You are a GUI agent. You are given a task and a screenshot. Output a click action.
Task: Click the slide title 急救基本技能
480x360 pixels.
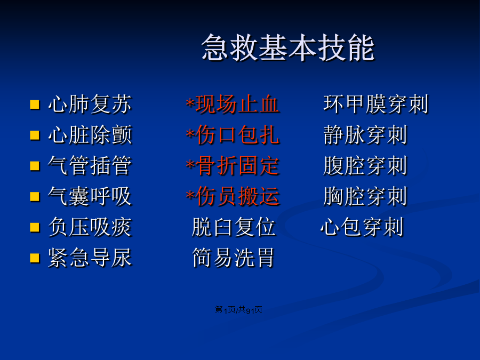point(288,47)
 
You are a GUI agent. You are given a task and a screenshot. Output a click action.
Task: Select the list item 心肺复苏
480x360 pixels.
point(90,104)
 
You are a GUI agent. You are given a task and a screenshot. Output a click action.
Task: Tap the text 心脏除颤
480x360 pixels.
point(90,135)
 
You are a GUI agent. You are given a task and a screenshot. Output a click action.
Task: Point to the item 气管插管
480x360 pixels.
point(90,165)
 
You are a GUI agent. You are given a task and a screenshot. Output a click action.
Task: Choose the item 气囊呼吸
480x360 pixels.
point(90,196)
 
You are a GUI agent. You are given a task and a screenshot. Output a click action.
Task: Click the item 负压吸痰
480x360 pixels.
point(90,227)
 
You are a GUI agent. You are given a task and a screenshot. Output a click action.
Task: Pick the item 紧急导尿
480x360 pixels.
point(90,258)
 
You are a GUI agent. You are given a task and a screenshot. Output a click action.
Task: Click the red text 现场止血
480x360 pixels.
point(237,104)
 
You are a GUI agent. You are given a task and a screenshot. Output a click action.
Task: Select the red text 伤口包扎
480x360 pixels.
point(237,135)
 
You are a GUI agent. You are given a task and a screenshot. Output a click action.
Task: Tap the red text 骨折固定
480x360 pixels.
point(237,165)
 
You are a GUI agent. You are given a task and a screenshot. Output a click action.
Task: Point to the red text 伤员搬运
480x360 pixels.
point(237,196)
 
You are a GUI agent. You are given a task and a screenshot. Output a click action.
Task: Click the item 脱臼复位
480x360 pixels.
point(234,227)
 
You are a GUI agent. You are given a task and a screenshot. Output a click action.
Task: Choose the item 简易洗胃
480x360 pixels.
point(233,258)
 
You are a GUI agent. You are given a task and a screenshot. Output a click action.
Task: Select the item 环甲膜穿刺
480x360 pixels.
point(376,104)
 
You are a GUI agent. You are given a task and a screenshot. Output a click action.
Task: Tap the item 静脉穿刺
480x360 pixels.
point(365,135)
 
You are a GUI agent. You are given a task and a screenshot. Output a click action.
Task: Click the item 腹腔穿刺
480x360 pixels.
point(365,165)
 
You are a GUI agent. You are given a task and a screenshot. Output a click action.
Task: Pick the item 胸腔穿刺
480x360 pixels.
point(365,196)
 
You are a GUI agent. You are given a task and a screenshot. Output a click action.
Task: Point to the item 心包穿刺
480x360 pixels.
point(362,227)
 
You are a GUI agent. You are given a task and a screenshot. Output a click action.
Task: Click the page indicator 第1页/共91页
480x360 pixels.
point(239,310)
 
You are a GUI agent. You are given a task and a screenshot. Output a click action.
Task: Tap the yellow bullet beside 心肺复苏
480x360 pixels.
point(35,105)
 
